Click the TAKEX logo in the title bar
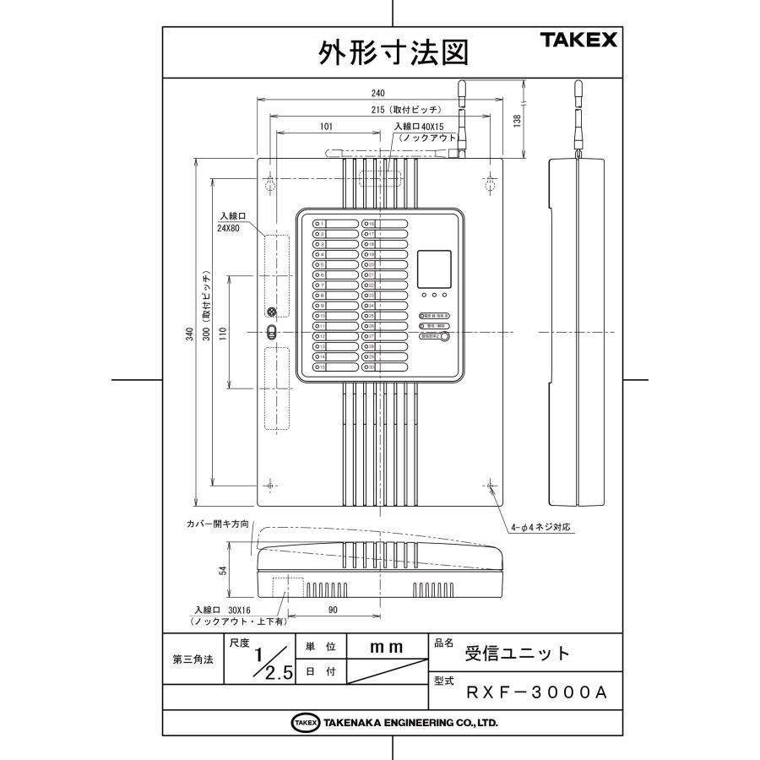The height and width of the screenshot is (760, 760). click(579, 41)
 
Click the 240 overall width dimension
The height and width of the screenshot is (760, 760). click(379, 92)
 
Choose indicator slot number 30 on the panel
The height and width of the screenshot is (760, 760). click(385, 367)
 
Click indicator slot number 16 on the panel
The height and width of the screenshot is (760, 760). click(385, 225)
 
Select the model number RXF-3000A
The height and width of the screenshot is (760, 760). click(537, 692)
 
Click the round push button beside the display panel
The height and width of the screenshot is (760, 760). click(444, 336)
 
